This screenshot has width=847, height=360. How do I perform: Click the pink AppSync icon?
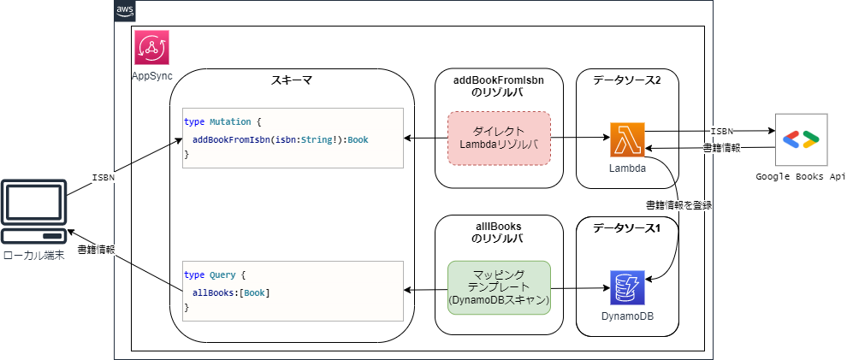point(151,48)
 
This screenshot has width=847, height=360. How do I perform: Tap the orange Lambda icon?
point(626,139)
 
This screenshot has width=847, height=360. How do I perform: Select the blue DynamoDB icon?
point(626,288)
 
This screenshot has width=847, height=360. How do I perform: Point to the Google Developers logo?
point(801,139)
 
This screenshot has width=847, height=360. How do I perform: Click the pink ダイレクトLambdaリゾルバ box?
point(499,138)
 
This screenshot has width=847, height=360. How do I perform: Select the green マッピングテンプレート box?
point(499,288)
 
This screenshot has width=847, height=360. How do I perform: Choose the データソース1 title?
point(627,227)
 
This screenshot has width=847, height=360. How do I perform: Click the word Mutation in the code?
point(230,121)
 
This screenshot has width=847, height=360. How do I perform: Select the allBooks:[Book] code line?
point(231,292)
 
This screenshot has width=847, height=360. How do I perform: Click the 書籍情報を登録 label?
point(678,205)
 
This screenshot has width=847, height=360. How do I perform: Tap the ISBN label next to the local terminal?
point(103,178)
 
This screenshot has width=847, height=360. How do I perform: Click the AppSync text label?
point(151,76)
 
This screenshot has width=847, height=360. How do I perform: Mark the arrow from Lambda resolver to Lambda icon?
point(580,138)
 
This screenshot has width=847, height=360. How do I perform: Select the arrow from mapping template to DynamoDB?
point(580,289)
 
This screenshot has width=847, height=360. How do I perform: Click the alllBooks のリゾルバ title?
point(499,233)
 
